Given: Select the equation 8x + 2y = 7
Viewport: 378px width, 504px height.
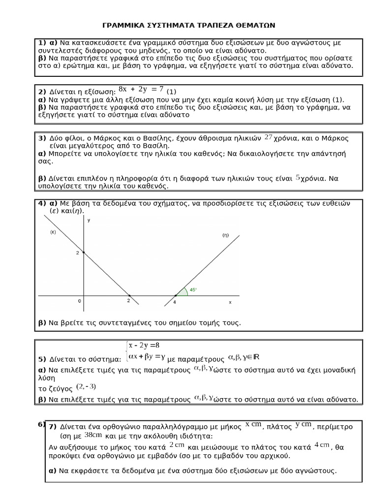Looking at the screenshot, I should coord(141,89).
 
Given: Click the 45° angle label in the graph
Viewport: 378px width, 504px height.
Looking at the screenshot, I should coord(193,290).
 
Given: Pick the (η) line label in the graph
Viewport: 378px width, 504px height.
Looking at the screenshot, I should coord(225,235).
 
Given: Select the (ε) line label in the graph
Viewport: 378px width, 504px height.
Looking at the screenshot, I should coord(53,232).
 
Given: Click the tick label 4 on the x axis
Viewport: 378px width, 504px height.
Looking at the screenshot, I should coord(174,302).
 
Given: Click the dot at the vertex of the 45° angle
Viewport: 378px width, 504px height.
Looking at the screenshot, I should coord(176,296).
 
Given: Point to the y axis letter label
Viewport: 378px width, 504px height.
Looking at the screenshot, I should coord(89,220).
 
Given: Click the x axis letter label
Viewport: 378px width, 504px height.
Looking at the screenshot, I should coord(229,302).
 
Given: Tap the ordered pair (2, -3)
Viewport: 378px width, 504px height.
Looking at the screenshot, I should coord(86,386).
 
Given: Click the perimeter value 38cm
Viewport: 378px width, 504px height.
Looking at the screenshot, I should coord(93,435).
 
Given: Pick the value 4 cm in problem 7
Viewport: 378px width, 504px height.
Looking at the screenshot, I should coord(322,445).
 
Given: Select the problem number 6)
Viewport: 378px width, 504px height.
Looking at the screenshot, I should coord(41,425).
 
